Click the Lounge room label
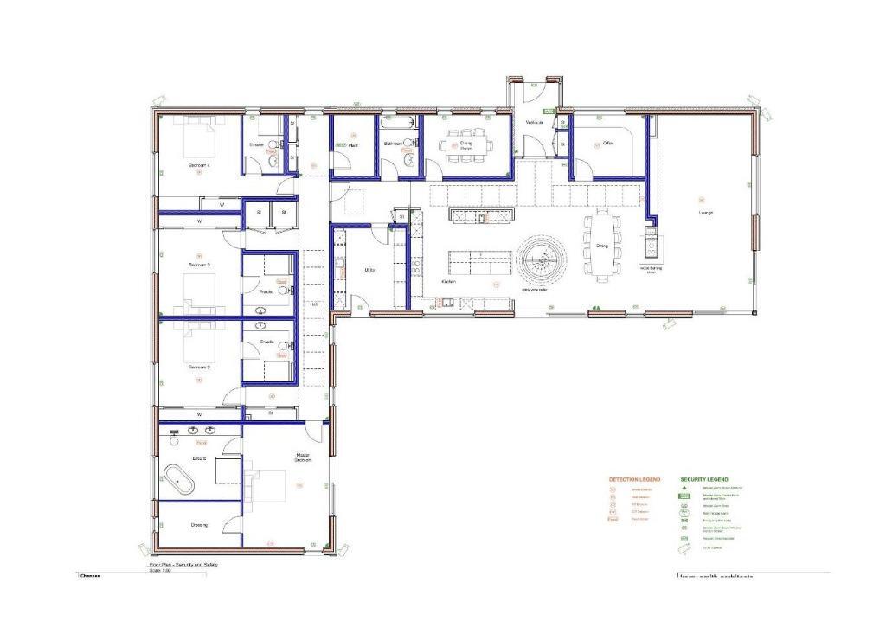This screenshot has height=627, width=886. pos(706,213)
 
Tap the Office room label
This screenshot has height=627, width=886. pos(608,143)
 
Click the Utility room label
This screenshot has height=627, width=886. pos(369,270)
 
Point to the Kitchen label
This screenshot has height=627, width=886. pos(448,282)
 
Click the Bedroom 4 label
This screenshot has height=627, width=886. pos(199,164)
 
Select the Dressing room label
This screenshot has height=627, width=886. pos(198,525)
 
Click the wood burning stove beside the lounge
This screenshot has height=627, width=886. pos(650,249)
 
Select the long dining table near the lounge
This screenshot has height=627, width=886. pos(602,245)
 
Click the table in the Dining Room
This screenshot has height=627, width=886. pos(466,144)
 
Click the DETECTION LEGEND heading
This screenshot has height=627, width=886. pos(634,479)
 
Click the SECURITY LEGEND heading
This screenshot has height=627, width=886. pos(704,479)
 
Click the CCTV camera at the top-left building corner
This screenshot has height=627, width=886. pos(159,102)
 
